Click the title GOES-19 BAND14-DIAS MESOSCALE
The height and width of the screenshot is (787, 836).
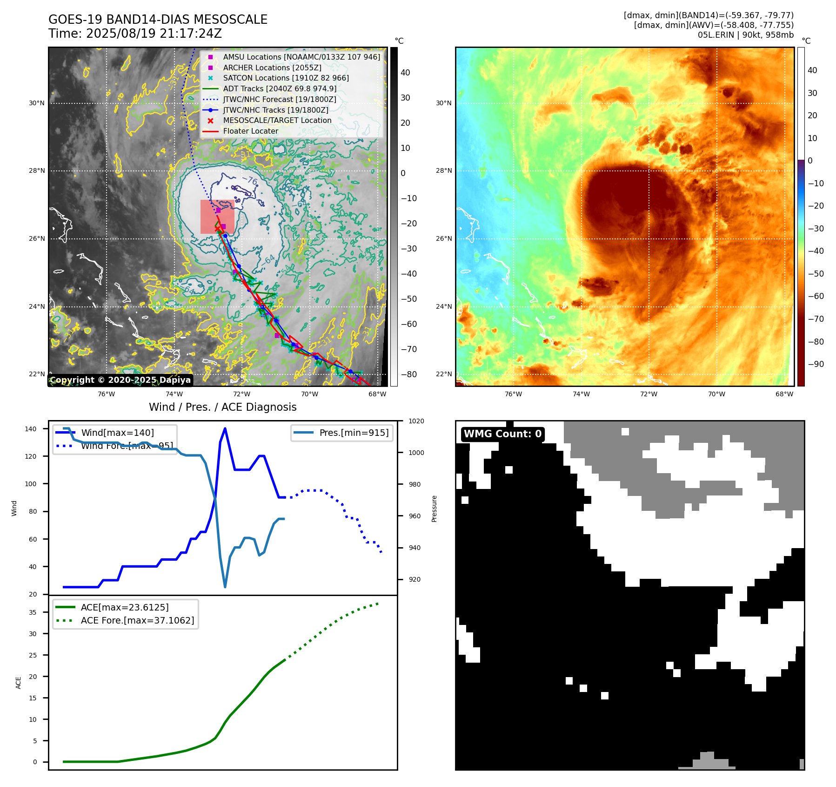[158, 20]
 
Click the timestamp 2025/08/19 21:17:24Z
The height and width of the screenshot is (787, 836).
[154, 34]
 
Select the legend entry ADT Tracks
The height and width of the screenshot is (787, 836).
[279, 88]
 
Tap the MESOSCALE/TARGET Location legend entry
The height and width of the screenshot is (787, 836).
[277, 120]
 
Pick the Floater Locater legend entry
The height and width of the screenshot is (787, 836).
[250, 131]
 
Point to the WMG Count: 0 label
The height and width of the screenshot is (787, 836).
[502, 434]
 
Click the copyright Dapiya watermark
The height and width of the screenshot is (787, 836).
[120, 380]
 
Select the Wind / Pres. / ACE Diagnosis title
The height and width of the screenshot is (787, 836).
[222, 407]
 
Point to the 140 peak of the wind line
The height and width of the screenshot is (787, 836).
[225, 428]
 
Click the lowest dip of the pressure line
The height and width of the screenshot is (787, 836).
[225, 586]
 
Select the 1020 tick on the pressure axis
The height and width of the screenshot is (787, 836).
[416, 421]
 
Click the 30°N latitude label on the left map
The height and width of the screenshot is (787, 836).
[37, 103]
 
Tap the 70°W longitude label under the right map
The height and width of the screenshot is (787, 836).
[716, 394]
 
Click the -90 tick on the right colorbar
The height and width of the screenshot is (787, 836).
[816, 364]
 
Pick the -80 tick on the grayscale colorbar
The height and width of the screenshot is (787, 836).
[409, 374]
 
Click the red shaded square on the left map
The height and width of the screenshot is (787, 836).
[217, 217]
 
